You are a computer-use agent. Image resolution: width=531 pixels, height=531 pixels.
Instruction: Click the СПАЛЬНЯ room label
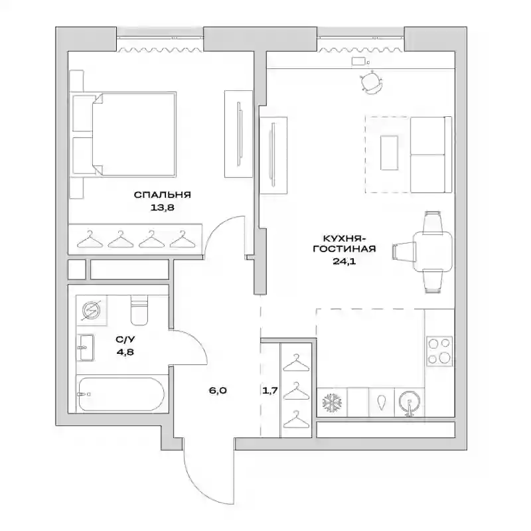pos(162,194)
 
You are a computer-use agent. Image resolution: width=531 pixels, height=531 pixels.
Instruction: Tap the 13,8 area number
pos(162,207)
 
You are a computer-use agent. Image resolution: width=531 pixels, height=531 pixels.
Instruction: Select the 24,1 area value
pos(344,261)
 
